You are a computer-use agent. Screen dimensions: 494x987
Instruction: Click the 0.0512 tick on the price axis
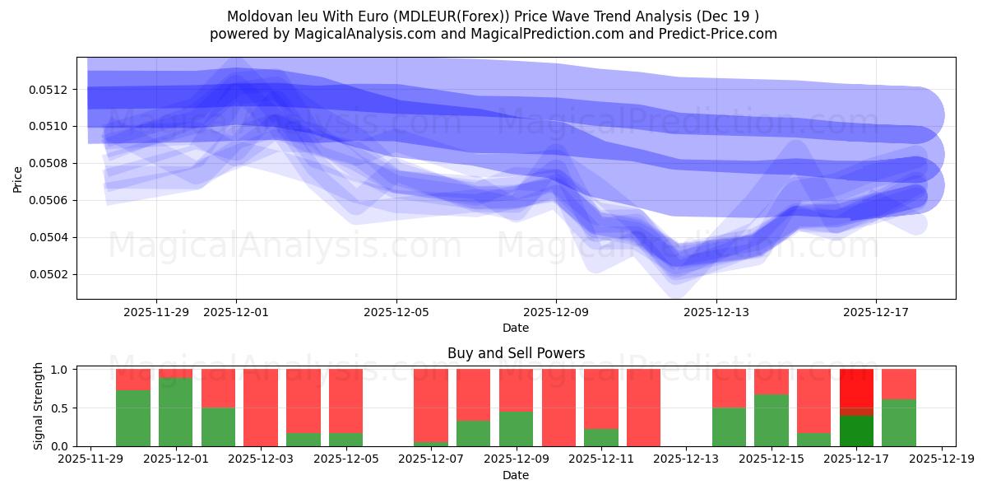pyautogui.click(x=50, y=89)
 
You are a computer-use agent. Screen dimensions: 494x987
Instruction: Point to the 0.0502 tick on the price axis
pyautogui.click(x=50, y=274)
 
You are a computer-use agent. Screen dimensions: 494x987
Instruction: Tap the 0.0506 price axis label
pyautogui.click(x=50, y=200)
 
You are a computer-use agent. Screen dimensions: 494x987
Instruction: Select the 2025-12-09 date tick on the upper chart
pyautogui.click(x=556, y=312)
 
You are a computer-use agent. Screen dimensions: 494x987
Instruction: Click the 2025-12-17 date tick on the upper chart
pyautogui.click(x=875, y=312)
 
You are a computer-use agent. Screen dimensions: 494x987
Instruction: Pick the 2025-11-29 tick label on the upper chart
pyautogui.click(x=156, y=312)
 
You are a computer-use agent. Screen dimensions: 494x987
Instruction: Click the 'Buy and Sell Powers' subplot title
pyautogui.click(x=516, y=353)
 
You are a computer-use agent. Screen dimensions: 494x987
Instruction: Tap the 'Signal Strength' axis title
pyautogui.click(x=39, y=406)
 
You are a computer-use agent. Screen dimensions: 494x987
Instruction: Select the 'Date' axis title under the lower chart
pyautogui.click(x=516, y=475)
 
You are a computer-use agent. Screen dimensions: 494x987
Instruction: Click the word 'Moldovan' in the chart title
pyautogui.click(x=255, y=16)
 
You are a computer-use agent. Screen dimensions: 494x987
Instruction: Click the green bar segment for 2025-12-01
pyautogui.click(x=175, y=412)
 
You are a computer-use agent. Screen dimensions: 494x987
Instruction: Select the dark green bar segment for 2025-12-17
pyautogui.click(x=856, y=431)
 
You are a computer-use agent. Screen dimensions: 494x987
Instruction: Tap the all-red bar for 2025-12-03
pyautogui.click(x=261, y=408)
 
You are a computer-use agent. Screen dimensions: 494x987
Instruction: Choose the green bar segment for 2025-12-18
pyautogui.click(x=899, y=422)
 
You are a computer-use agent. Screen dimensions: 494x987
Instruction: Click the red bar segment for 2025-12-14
pyautogui.click(x=729, y=388)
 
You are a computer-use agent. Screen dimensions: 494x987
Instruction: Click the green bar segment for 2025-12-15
pyautogui.click(x=772, y=420)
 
